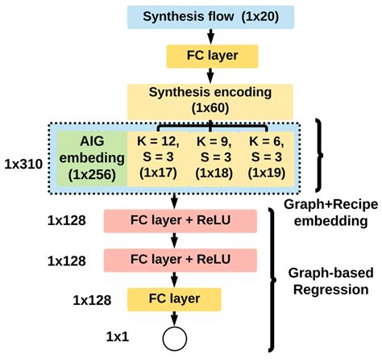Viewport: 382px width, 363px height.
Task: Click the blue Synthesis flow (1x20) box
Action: (x=211, y=16)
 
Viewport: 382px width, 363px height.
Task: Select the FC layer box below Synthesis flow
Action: (x=211, y=56)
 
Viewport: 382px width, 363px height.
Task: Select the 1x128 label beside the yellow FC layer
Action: (x=91, y=299)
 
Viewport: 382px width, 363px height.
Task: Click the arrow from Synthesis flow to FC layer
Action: (x=211, y=35)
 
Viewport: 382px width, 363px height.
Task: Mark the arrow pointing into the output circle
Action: (x=173, y=319)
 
